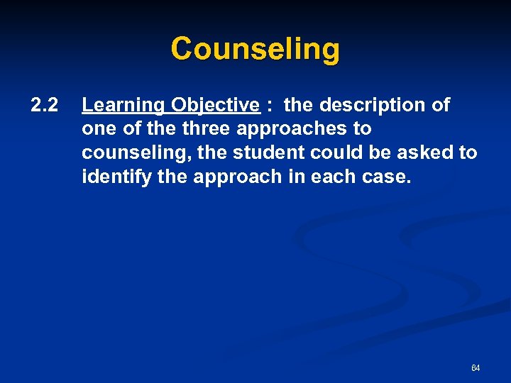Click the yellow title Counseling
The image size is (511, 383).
click(255, 50)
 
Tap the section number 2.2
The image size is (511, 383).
click(44, 106)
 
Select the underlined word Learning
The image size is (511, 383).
click(122, 106)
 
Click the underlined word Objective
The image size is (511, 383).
click(214, 106)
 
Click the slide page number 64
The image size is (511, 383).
click(476, 368)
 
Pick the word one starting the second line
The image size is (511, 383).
click(97, 130)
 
